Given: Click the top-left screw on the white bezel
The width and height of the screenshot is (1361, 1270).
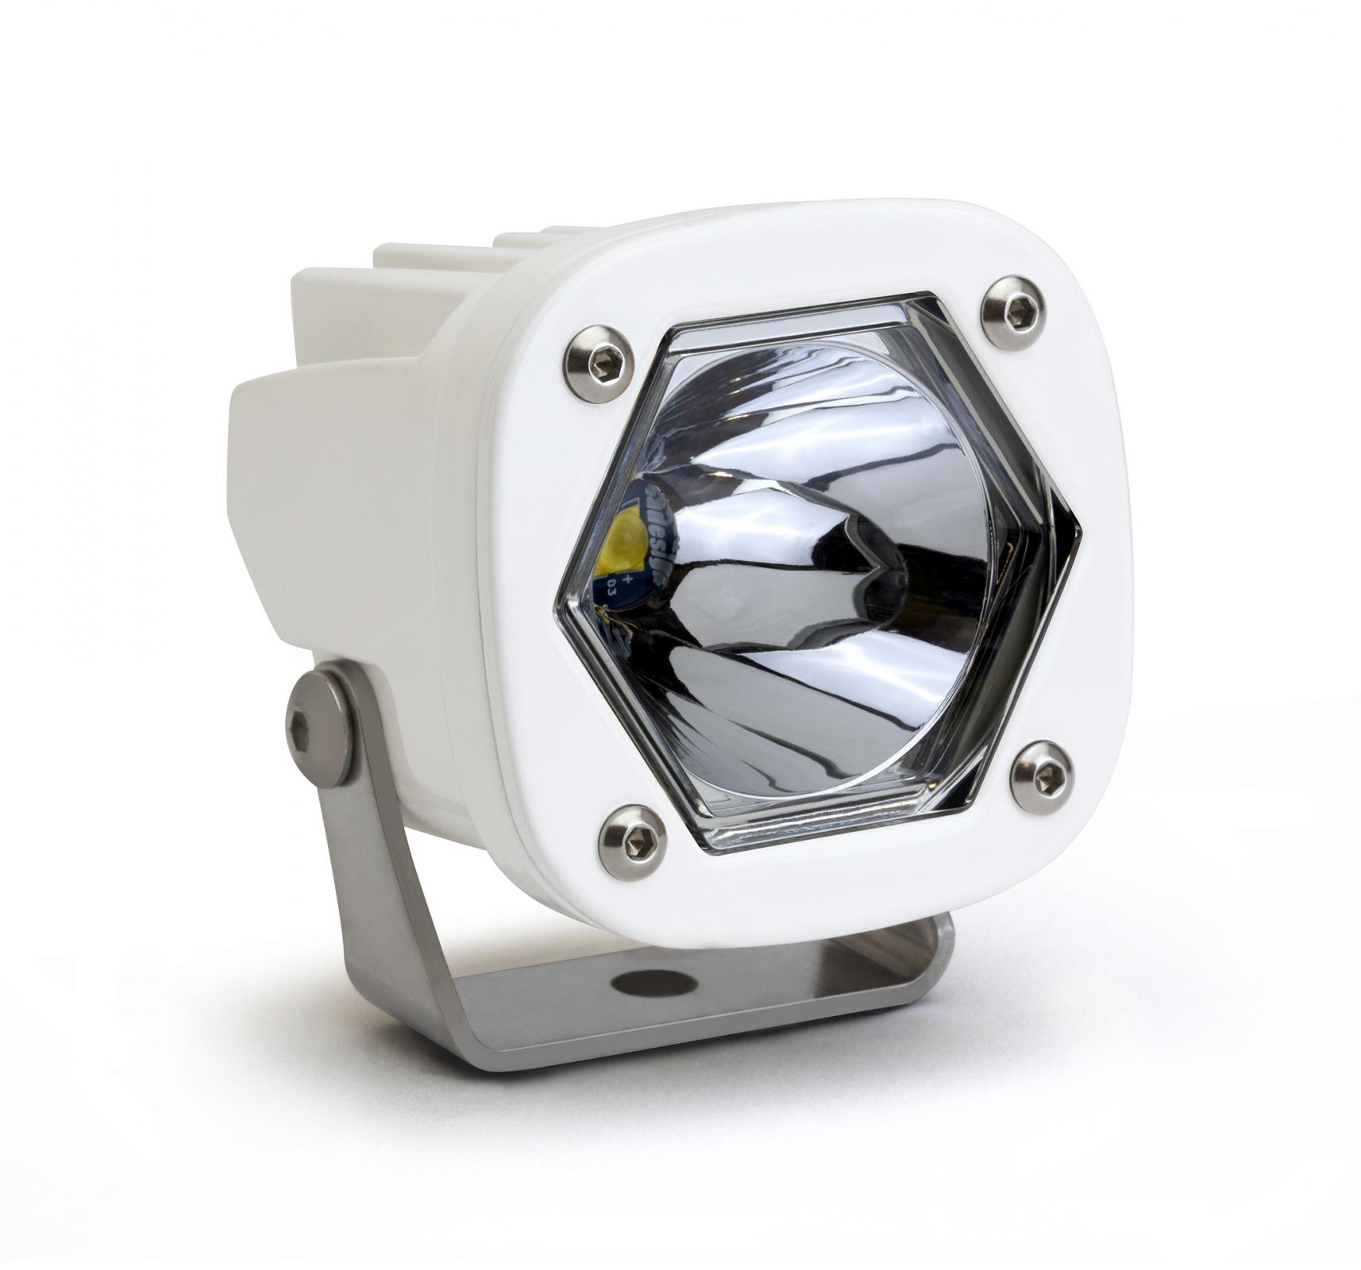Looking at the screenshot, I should pos(598,361).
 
